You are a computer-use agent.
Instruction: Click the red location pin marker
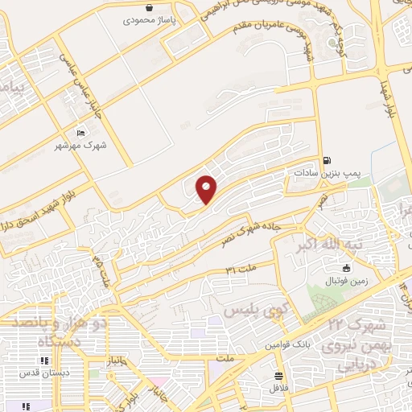click(x=207, y=188)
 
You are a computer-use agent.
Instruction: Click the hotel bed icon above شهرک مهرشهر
click(x=80, y=133)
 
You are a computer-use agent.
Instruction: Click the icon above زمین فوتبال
click(x=347, y=269)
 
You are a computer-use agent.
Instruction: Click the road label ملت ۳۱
click(x=241, y=266)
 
